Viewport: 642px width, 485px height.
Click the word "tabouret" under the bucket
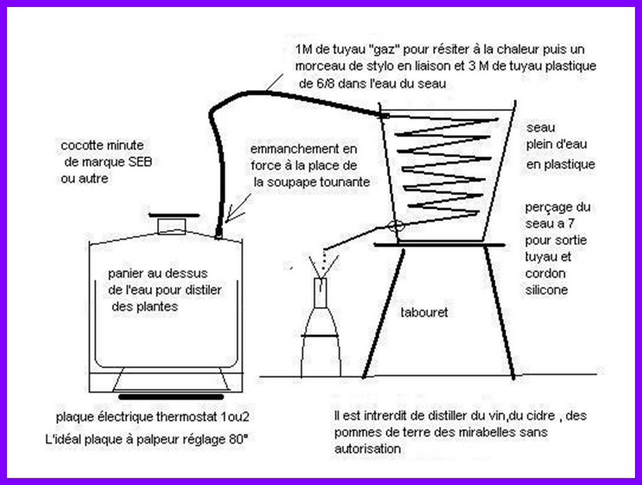[x=424, y=313]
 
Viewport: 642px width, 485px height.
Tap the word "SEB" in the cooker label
[x=140, y=162]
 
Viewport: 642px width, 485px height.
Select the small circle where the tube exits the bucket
[x=396, y=225]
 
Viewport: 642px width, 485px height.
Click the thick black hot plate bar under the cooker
[x=171, y=396]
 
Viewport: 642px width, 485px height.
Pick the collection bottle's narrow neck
[x=320, y=293]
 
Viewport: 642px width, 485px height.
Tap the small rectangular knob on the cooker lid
[x=172, y=225]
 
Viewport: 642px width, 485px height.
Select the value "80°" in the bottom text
[x=238, y=440]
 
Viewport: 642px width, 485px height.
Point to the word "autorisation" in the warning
[x=367, y=449]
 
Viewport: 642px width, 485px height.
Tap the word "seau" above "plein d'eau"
[x=540, y=128]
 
